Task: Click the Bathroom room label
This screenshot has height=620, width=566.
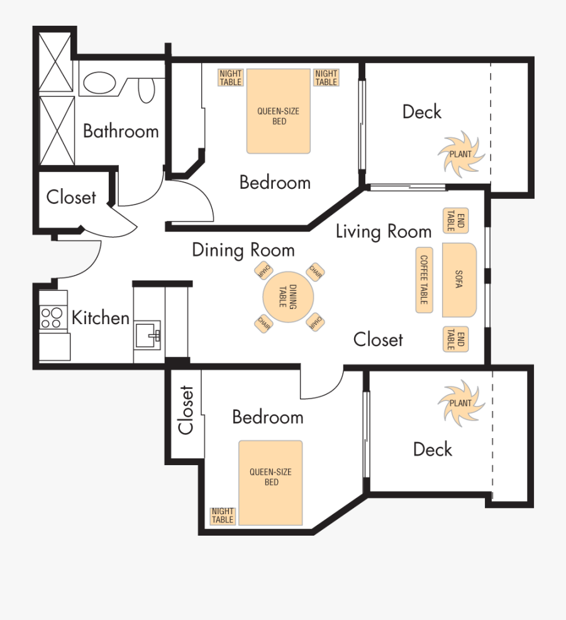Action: click(121, 131)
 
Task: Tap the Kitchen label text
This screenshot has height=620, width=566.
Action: click(101, 318)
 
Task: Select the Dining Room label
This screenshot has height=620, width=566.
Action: click(243, 250)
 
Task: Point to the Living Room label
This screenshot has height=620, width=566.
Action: click(383, 231)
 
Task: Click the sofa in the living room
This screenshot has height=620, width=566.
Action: click(458, 279)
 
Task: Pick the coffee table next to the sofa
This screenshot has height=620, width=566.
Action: click(424, 279)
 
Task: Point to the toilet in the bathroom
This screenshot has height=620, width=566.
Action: click(146, 89)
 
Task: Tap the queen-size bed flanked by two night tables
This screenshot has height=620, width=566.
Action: click(279, 111)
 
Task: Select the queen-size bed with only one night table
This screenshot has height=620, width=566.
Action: click(270, 483)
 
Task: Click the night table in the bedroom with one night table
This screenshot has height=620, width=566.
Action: click(223, 516)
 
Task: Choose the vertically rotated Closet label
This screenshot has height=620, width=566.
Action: click(186, 410)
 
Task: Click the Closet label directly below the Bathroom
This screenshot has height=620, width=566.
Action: click(71, 197)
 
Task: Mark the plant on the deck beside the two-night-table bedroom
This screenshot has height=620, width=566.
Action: click(462, 153)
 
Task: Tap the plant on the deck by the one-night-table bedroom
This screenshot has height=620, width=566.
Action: click(461, 403)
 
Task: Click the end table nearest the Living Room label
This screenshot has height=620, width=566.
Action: click(456, 221)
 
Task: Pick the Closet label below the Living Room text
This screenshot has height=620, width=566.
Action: click(378, 339)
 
